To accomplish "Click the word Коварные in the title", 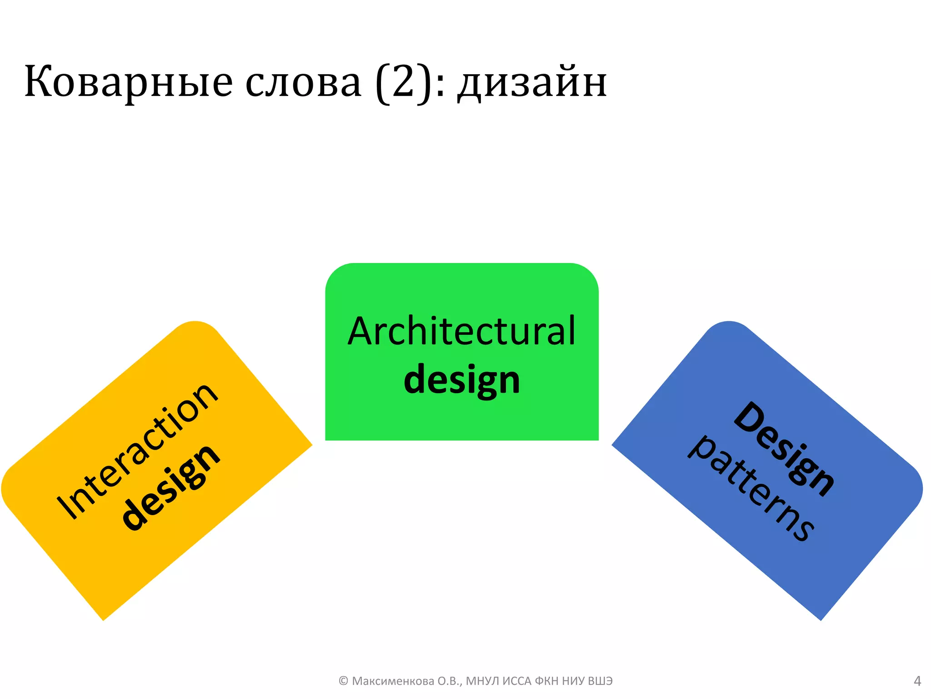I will coord(129,82).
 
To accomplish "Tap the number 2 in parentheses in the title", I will coord(403,82).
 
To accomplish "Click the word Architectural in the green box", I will coord(461,331).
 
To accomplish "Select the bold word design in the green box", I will coord(461,380).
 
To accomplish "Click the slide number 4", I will coord(917,681).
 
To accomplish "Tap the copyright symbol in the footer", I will coord(343,681).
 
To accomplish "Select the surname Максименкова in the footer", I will coord(393,681).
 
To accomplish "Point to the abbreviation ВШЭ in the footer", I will coord(600,681).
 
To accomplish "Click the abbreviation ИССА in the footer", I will coord(517,681).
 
